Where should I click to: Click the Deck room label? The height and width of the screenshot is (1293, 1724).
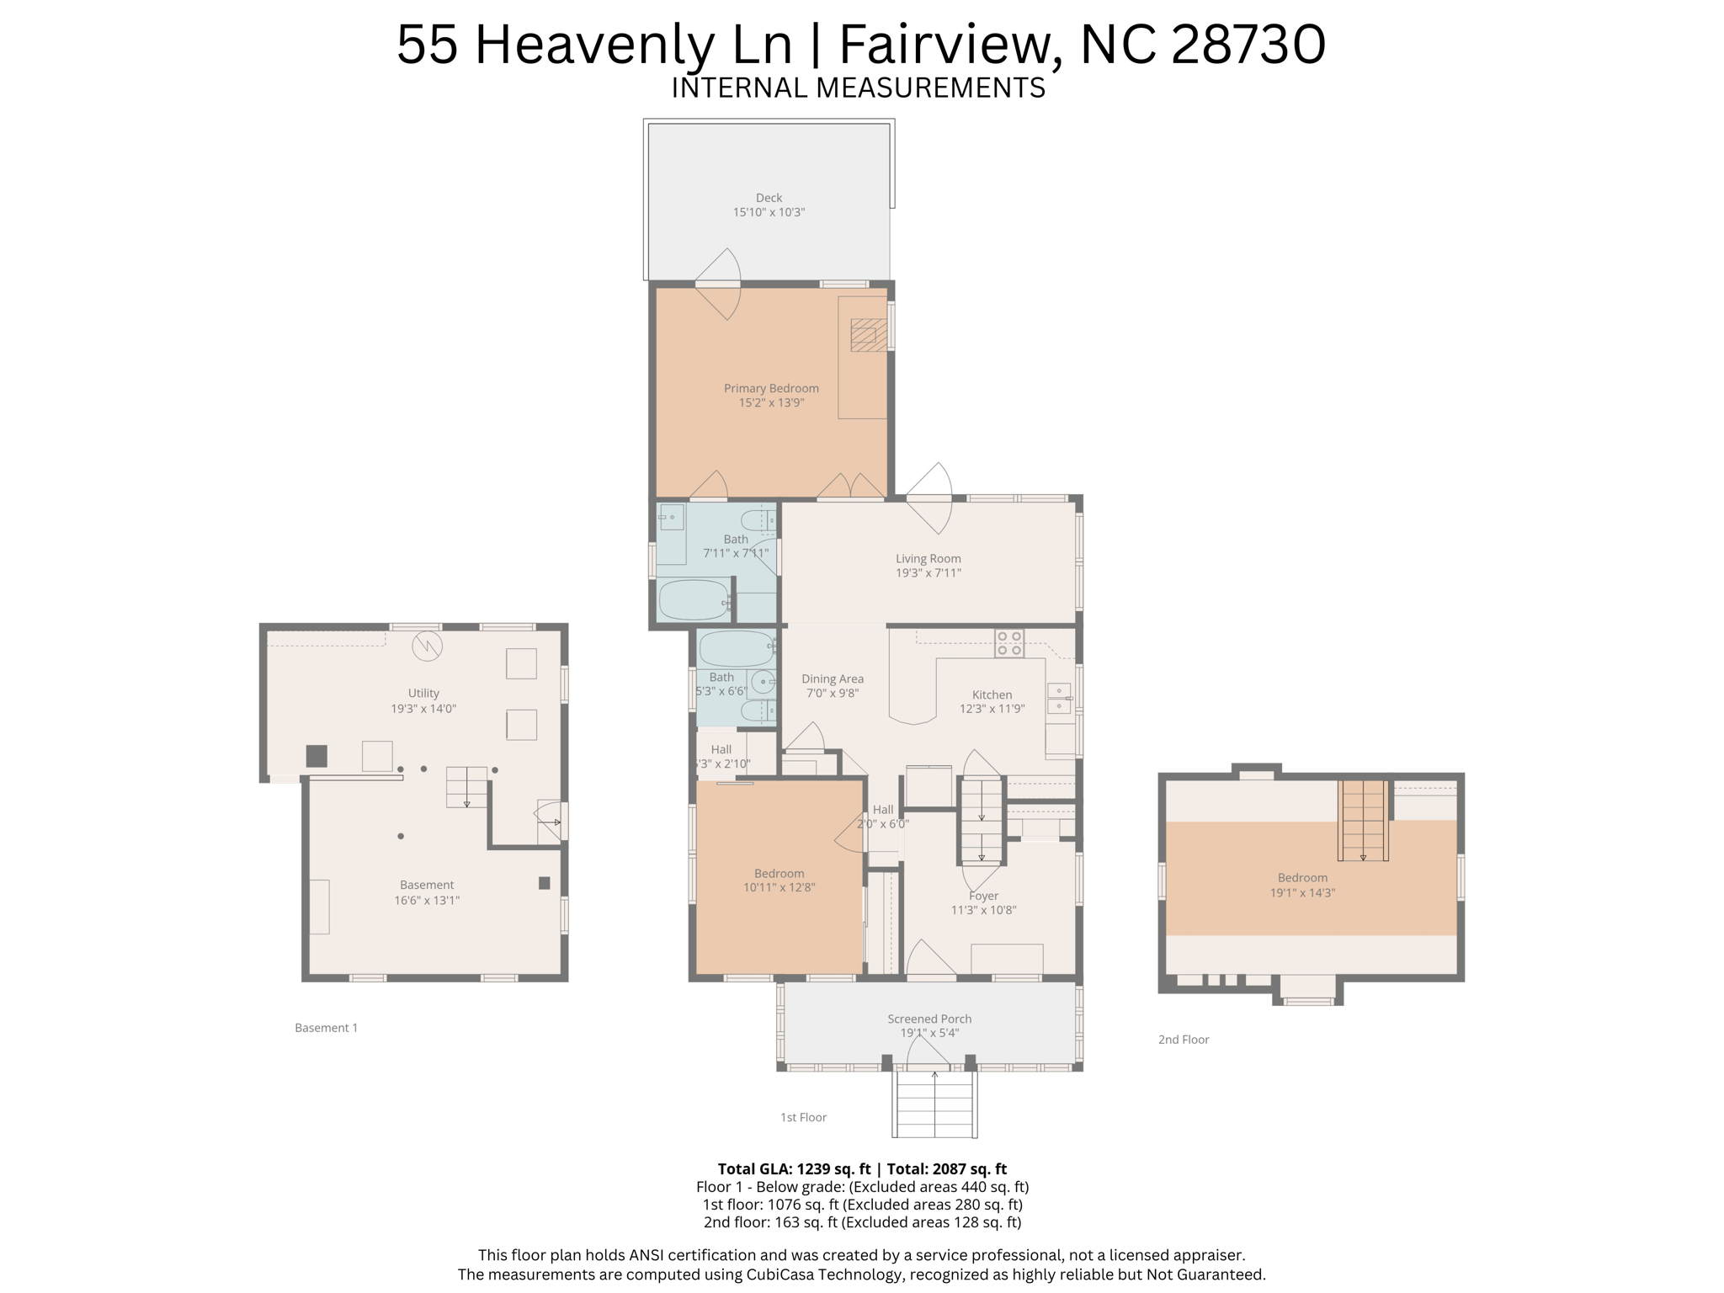[x=769, y=198]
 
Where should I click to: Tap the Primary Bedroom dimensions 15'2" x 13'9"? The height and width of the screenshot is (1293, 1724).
[x=771, y=403]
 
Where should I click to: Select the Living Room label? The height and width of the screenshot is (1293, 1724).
[x=928, y=558]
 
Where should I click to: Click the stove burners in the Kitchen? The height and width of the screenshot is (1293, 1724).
[x=1009, y=643]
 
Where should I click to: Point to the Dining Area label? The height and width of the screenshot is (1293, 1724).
[x=832, y=678]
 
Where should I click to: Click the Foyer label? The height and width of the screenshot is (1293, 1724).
[x=983, y=896]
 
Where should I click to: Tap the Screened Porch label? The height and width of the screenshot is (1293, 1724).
[x=929, y=1019]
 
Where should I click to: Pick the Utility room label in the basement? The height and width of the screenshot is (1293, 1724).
[x=423, y=693]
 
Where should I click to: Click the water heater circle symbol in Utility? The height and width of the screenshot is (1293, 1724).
[x=427, y=646]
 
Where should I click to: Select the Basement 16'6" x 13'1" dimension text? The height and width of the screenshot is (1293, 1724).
[x=427, y=900]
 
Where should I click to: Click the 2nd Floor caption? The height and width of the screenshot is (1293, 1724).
[x=1183, y=1040]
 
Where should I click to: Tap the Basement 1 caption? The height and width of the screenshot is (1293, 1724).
[x=326, y=1028]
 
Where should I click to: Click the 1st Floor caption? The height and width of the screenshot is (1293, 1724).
[x=803, y=1117]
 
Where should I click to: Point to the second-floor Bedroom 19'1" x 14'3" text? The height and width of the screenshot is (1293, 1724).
[x=1302, y=892]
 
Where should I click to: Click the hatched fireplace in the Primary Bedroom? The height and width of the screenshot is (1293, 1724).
[x=868, y=334]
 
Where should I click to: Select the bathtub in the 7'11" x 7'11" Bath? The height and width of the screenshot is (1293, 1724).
[x=693, y=599]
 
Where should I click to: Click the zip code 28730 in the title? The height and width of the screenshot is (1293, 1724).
[x=1248, y=44]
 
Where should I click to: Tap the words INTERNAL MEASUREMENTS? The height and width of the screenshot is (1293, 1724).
[x=858, y=88]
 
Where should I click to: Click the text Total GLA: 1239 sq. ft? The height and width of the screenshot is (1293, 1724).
[x=793, y=1168]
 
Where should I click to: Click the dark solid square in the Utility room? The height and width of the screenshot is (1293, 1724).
[x=317, y=755]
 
